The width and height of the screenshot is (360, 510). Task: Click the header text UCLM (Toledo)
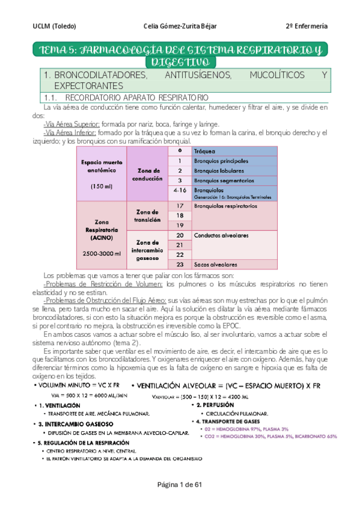pos(55,26)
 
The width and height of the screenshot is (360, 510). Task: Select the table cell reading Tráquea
pos(204,151)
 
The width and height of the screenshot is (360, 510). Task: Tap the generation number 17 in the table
pos(180,205)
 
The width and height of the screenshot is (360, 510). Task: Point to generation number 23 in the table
pos(180,263)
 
